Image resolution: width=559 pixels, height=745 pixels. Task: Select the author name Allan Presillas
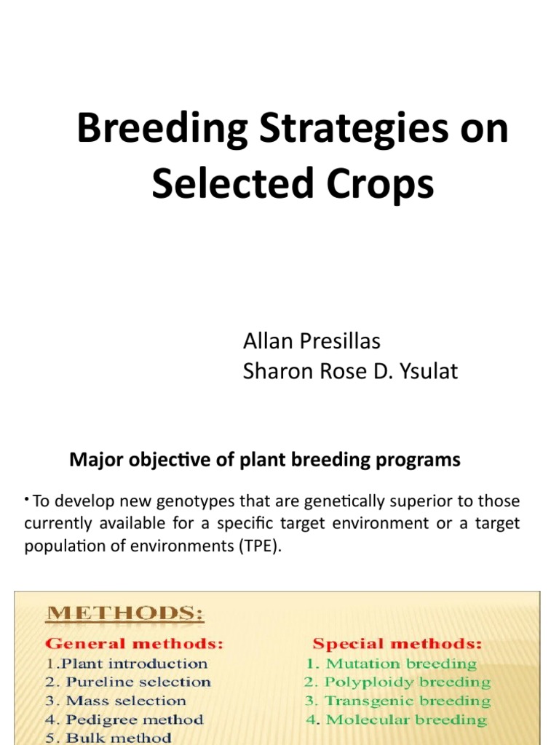[311, 340]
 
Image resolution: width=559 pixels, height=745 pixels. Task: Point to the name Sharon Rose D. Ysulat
[350, 372]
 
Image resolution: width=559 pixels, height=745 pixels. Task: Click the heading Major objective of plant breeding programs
[264, 460]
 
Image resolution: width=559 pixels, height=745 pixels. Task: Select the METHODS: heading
[124, 615]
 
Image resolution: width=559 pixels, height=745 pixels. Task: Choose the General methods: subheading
[135, 644]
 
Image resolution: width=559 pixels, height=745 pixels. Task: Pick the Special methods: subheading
[397, 644]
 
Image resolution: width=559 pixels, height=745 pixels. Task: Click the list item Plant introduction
[127, 664]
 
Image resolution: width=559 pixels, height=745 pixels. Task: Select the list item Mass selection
[116, 701]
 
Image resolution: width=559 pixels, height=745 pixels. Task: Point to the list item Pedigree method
[124, 720]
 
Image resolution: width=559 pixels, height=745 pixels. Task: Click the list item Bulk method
[109, 738]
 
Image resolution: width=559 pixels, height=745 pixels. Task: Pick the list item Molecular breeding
[396, 720]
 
